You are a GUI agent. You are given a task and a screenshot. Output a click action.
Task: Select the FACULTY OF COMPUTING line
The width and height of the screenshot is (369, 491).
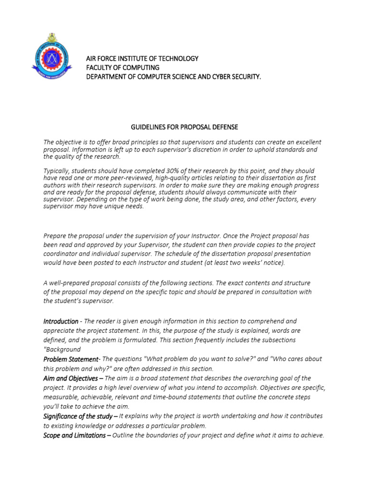tap(123, 68)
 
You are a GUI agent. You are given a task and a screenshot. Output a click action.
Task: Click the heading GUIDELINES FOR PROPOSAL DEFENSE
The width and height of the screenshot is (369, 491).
tap(184, 127)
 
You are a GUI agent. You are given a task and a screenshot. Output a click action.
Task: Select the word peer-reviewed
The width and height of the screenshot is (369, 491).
tap(125, 178)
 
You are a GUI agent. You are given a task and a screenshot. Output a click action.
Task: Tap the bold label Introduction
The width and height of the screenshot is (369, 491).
tap(61, 321)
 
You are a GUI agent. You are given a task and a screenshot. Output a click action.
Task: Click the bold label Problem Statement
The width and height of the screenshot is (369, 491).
tap(71, 359)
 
